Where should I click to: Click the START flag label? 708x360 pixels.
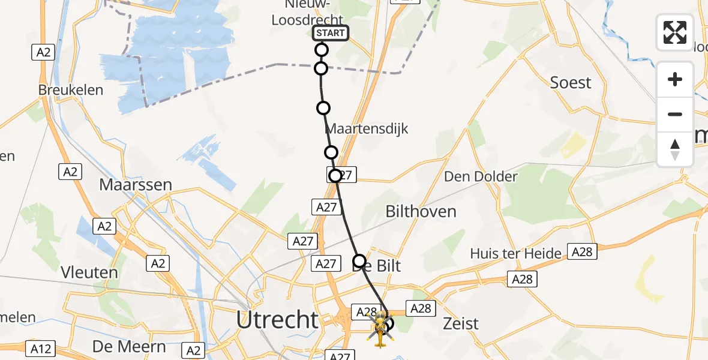click(330, 33)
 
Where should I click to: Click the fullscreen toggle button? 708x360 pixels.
click(675, 32)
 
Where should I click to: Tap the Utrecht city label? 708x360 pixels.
click(277, 320)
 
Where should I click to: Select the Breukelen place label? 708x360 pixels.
click(71, 91)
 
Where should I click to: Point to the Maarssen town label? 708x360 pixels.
click(136, 184)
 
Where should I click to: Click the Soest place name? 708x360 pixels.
click(571, 83)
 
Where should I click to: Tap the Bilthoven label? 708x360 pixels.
click(421, 211)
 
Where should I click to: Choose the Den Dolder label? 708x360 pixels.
click(480, 176)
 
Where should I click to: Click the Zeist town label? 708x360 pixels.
click(460, 324)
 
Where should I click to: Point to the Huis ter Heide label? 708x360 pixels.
click(516, 254)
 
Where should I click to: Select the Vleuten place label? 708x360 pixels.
click(89, 272)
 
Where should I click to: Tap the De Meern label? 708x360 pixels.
click(129, 346)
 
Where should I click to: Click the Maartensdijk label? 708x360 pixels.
click(366, 128)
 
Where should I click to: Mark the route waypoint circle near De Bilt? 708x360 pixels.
click(359, 260)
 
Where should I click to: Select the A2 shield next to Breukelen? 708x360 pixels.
click(43, 53)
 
